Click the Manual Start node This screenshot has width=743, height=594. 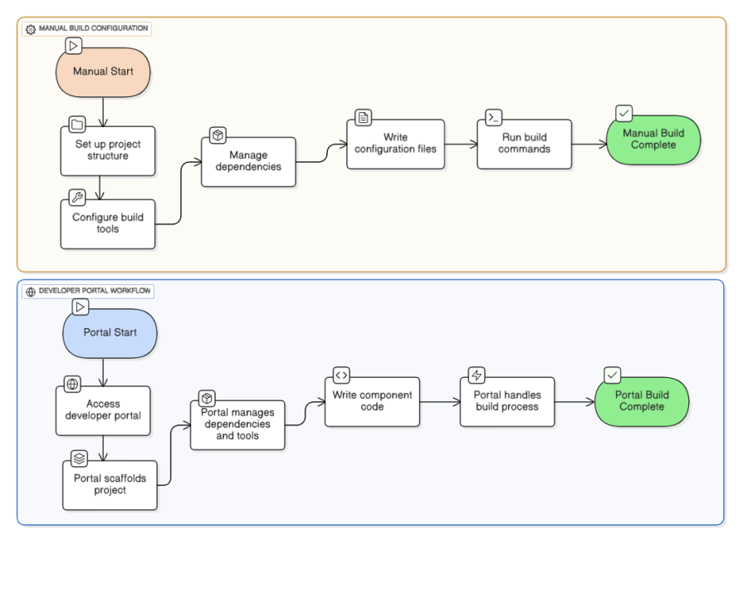(103, 72)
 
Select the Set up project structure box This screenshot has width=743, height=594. (108, 150)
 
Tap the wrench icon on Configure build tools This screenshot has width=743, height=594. (77, 198)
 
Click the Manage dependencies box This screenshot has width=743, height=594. (248, 161)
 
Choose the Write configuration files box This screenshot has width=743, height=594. (395, 144)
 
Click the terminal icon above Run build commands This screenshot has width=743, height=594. (493, 117)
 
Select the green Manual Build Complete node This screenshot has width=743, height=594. (653, 140)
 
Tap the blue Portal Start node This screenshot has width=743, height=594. (110, 332)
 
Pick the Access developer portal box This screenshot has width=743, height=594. (103, 410)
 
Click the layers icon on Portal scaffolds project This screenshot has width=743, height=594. (79, 459)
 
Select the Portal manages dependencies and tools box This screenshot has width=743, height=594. (237, 425)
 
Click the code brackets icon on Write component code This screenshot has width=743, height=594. (341, 376)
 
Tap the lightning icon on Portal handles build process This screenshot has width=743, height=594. (477, 376)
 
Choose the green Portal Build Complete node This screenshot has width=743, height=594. (642, 401)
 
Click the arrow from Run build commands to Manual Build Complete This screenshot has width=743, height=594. (589, 144)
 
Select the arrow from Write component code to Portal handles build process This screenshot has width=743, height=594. (440, 402)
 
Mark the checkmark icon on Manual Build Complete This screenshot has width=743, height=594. (624, 113)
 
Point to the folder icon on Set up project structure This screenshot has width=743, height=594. (77, 125)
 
